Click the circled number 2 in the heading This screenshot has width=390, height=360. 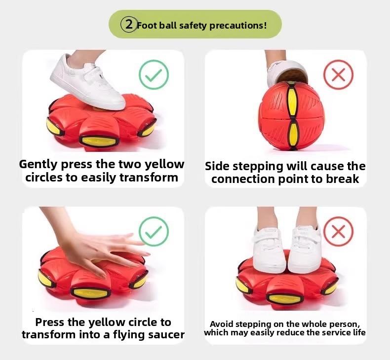pyautogui.click(x=129, y=24)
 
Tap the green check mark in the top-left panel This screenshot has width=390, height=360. pyautogui.click(x=154, y=75)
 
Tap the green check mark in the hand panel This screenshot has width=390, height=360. pyautogui.click(x=154, y=232)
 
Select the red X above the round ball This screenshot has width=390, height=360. pyautogui.click(x=338, y=75)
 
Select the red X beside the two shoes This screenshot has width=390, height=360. pyautogui.click(x=338, y=232)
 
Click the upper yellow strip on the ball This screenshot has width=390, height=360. pyautogui.click(x=292, y=99)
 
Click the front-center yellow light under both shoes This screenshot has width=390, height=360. pyautogui.click(x=284, y=298)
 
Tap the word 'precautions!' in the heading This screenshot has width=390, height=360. pyautogui.click(x=238, y=25)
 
